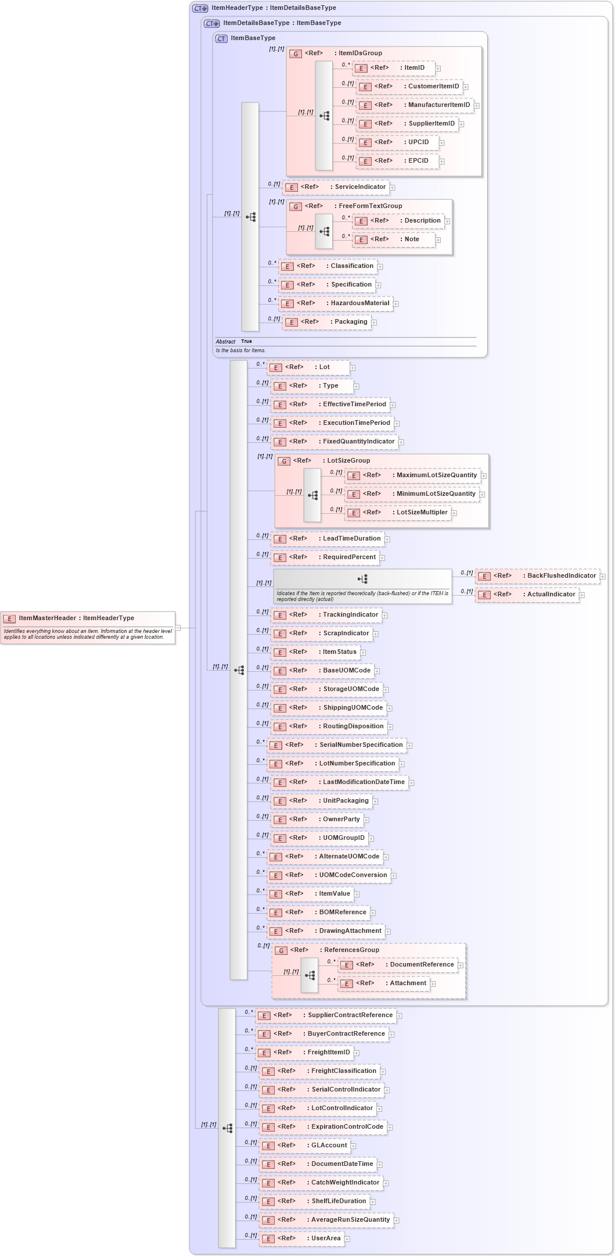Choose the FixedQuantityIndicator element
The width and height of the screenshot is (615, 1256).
pyautogui.click(x=335, y=442)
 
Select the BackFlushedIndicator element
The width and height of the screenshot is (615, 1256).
pyautogui.click(x=537, y=576)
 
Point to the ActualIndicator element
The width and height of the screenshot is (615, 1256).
pyautogui.click(x=527, y=595)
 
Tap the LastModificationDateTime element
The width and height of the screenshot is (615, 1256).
pyautogui.click(x=340, y=782)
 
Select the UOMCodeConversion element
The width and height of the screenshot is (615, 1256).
pyautogui.click(x=329, y=875)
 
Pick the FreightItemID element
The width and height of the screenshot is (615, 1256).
pyautogui.click(x=305, y=1053)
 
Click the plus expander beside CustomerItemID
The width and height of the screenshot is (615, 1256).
pyautogui.click(x=466, y=87)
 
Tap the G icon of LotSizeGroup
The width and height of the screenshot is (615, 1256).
pyautogui.click(x=284, y=461)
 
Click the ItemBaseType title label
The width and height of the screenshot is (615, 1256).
pyautogui.click(x=253, y=38)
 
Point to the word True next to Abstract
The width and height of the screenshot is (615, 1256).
pyautogui.click(x=246, y=342)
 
